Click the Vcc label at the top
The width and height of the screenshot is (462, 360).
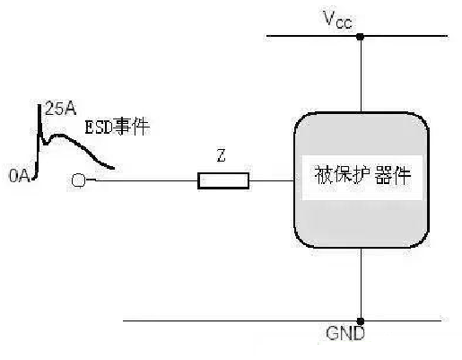[338, 20]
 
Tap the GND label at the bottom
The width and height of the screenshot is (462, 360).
[345, 333]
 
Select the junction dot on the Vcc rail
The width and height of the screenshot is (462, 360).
[361, 37]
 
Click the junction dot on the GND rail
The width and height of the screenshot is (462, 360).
[361, 321]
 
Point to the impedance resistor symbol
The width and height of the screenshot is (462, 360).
[223, 180]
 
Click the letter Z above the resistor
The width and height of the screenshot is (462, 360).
[222, 156]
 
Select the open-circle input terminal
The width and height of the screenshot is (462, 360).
[78, 180]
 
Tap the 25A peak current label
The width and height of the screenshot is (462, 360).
[60, 109]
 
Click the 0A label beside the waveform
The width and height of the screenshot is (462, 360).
[20, 176]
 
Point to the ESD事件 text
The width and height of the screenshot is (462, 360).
[118, 127]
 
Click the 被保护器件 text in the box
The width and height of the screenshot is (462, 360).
[362, 175]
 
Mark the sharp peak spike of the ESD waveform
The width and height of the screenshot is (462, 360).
[39, 105]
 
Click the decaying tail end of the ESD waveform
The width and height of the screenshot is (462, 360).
[113, 168]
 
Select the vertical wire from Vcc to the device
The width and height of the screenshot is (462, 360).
[361, 75]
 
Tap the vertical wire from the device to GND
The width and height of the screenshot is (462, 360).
[361, 285]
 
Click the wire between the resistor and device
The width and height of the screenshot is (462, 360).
[272, 180]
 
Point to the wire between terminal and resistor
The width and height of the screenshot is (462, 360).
[146, 180]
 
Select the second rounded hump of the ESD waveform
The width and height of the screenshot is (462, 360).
[61, 136]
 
